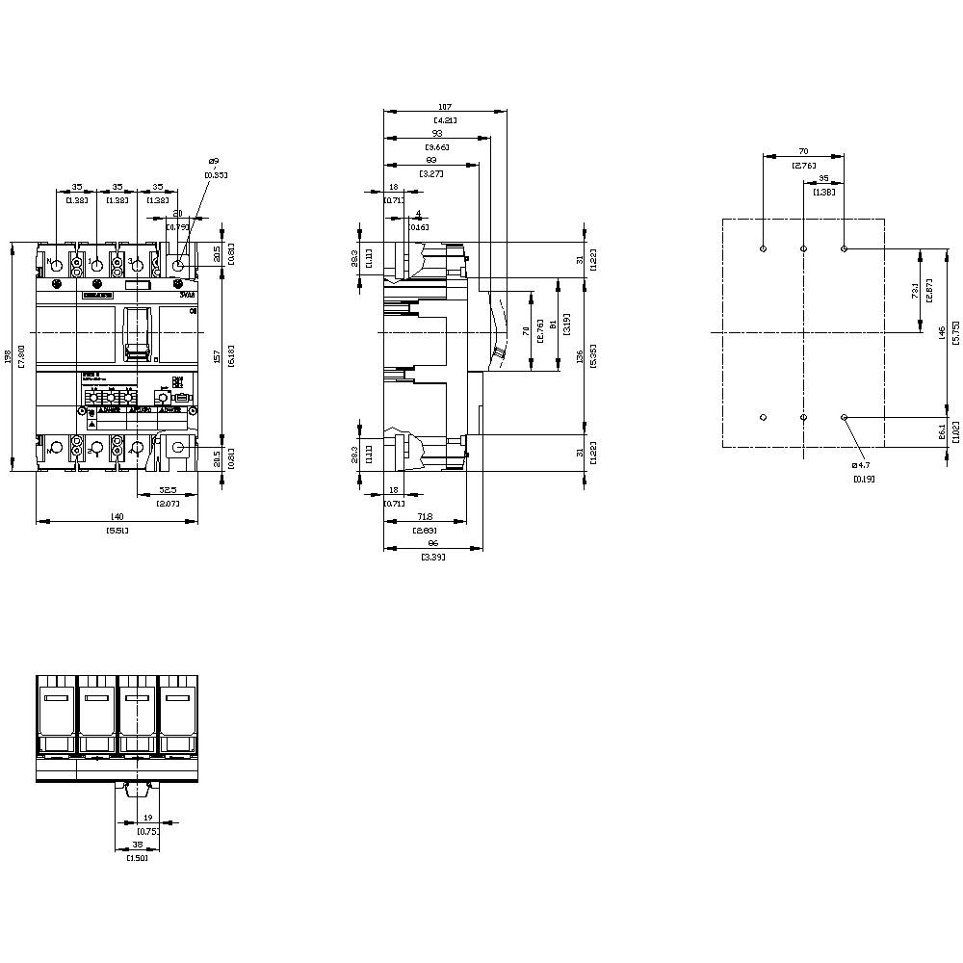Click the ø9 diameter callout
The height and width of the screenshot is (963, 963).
pos(213,161)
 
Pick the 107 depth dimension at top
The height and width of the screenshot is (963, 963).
pos(444,107)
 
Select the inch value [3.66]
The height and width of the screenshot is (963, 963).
pos(436,146)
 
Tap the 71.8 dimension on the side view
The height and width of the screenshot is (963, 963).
pos(426,517)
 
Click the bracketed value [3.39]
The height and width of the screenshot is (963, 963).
pos(433,557)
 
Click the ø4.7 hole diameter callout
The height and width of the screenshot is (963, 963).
pos(863,465)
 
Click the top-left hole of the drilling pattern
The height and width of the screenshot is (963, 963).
pos(763,248)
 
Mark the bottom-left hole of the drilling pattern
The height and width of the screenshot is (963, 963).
pos(763,417)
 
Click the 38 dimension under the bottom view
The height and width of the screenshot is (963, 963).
pos(138,845)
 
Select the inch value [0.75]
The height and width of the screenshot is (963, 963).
pos(148,830)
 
